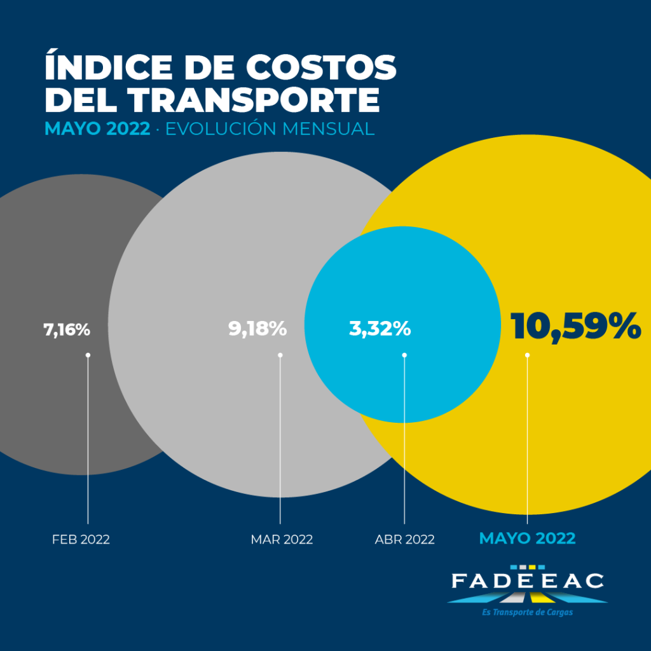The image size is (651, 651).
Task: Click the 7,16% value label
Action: tap(67, 331)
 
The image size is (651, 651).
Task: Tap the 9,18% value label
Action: tap(257, 329)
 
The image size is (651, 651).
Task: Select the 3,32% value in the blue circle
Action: tap(380, 329)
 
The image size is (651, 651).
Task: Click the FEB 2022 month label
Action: tap(81, 540)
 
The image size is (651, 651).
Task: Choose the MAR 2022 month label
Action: tap(282, 540)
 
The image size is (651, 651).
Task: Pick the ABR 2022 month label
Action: tap(405, 540)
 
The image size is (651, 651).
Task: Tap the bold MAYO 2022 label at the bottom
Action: tap(527, 538)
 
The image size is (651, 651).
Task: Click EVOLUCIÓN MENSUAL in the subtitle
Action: tap(270, 129)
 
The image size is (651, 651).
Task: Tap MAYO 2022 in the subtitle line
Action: tap(97, 129)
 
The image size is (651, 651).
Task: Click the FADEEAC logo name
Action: tap(528, 581)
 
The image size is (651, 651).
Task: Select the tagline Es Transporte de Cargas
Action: tap(528, 612)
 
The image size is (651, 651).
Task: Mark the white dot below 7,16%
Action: tap(88, 355)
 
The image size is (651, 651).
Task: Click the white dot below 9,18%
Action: tap(280, 355)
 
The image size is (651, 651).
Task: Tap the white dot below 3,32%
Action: tap(404, 355)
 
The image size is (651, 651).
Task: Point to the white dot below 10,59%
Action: tap(527, 355)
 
